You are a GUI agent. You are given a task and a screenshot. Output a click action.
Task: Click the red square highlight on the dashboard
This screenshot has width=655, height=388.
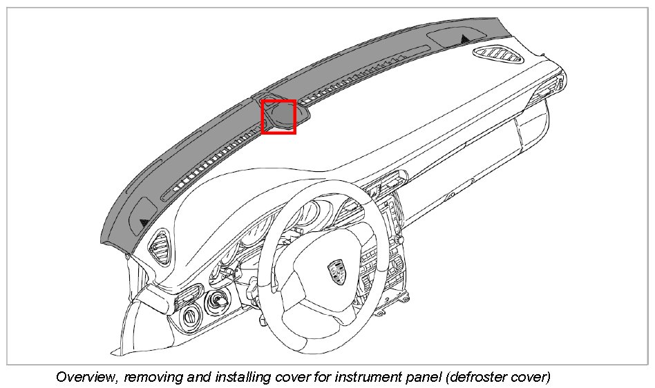pos(278,116)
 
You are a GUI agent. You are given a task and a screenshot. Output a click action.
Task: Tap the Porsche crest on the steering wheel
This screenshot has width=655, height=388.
pos(336,270)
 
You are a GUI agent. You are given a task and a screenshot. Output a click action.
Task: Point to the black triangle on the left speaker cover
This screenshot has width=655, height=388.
pos(144,222)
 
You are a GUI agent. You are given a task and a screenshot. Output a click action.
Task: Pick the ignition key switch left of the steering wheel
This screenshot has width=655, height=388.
pos(218,301)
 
